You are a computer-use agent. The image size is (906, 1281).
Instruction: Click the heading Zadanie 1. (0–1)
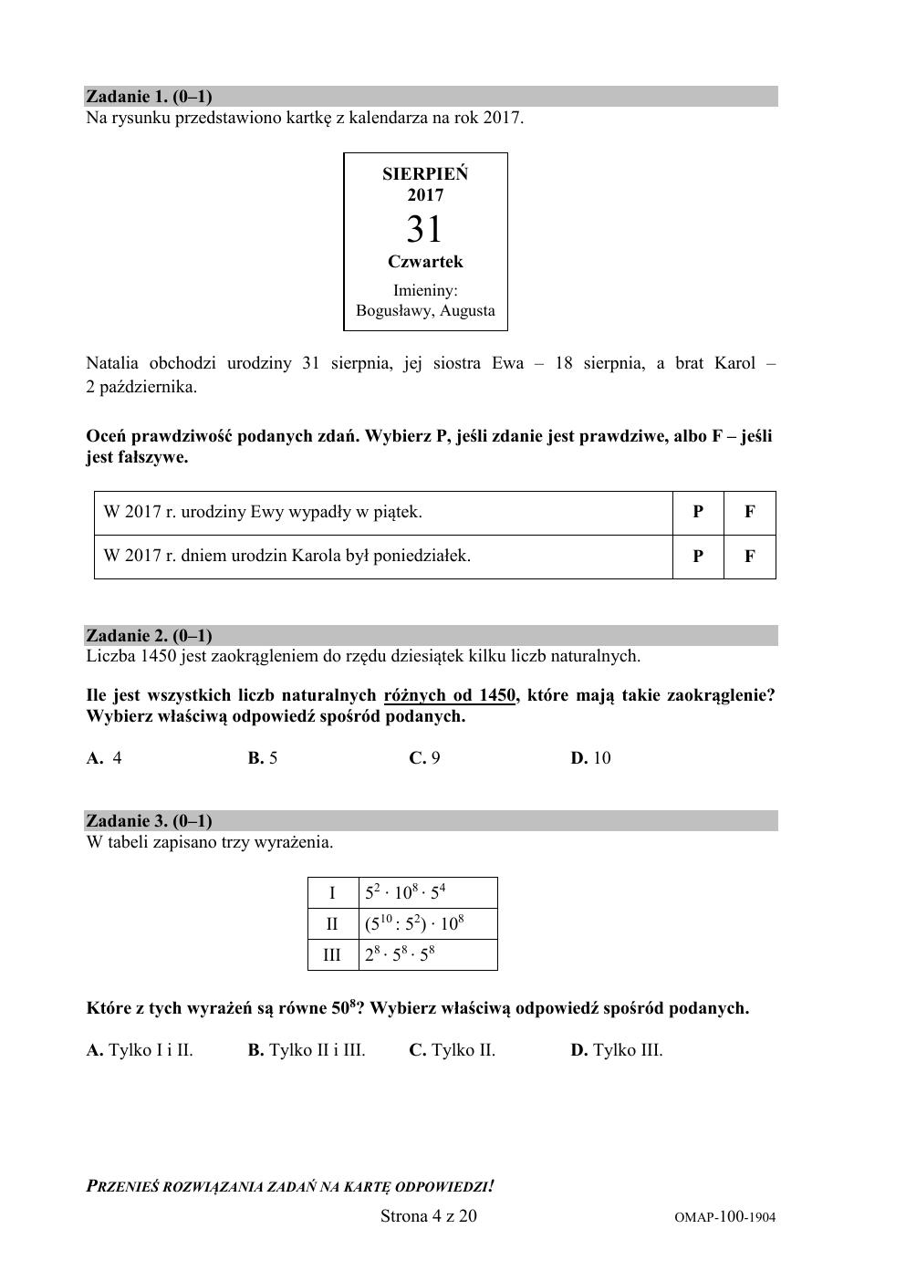pos(149,97)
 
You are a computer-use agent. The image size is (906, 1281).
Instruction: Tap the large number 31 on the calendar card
pos(424,228)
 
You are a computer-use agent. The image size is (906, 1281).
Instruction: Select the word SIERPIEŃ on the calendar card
pos(425,173)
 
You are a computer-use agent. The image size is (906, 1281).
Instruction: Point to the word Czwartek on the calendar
pos(425,262)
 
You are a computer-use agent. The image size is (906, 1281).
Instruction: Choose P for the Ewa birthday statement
pos(698,512)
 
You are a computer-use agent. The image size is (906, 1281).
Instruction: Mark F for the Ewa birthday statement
pos(749,512)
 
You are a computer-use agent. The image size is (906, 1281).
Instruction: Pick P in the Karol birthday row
pos(698,556)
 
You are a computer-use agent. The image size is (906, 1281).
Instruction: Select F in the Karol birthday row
pos(749,556)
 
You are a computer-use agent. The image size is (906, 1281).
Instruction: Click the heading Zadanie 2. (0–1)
pos(149,636)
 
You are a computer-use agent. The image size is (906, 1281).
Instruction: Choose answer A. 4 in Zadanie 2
pos(104,758)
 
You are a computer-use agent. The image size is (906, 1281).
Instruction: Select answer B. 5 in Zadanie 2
pos(263,758)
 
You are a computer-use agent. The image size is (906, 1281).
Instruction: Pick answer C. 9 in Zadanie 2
pos(424,758)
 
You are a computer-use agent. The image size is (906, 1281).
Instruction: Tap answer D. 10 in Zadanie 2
pos(590,758)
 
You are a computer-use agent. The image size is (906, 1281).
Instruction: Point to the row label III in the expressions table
pos(332,954)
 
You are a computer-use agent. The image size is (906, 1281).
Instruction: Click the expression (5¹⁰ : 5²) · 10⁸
pos(415,923)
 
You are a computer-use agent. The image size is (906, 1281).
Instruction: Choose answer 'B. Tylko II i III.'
pos(307,1050)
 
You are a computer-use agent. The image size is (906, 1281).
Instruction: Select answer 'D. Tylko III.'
pos(617,1050)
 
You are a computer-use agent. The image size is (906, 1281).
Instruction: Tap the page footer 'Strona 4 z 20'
pos(428,1216)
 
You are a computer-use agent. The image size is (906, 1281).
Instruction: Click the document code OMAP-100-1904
pos(725,1217)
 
